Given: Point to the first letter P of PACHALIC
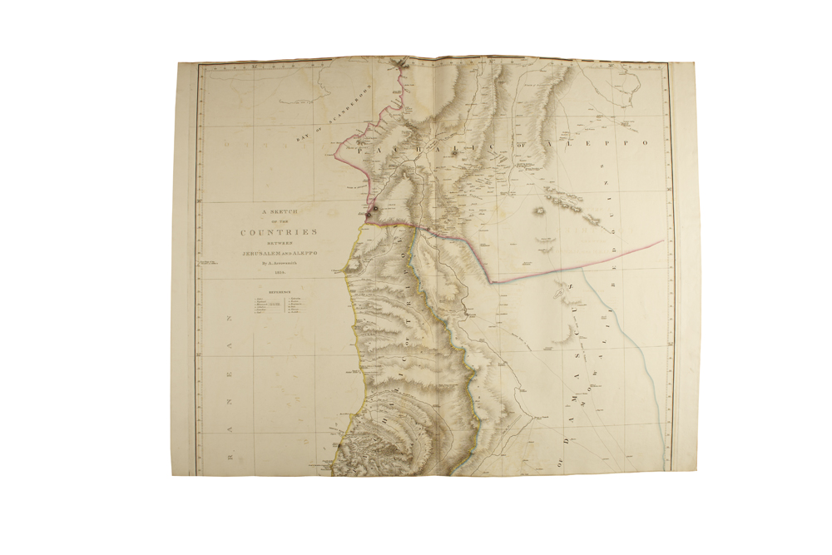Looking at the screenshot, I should tap(360, 151).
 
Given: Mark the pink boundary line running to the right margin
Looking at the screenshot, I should tap(582, 262).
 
